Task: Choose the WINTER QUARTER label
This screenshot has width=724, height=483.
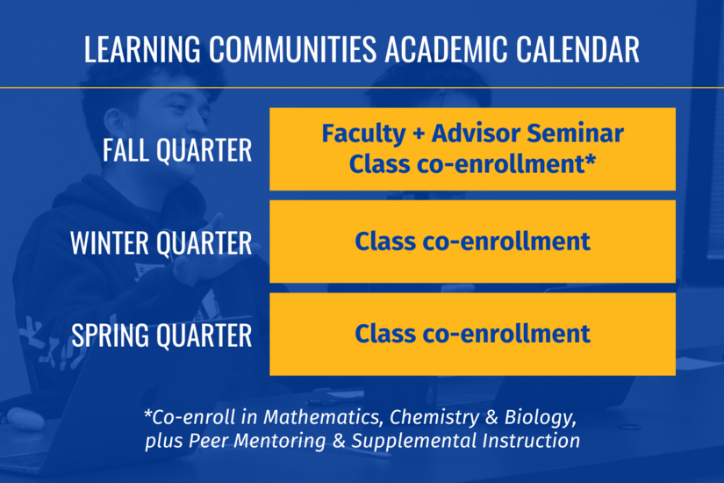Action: click(161, 242)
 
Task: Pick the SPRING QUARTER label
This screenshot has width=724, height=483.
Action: click(161, 335)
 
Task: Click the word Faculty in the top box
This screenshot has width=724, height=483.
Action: click(362, 134)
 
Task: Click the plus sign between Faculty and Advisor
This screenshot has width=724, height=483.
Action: click(415, 135)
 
